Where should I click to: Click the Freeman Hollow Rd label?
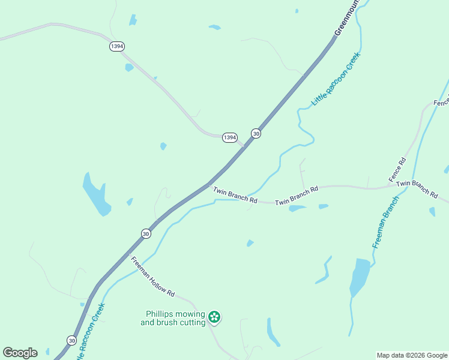152,277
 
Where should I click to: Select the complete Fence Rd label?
397,170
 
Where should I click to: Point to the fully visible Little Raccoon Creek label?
336,80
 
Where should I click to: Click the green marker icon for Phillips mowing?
214,317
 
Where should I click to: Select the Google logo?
20,353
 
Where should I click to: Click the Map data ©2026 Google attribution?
412,355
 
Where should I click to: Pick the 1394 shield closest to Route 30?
229,137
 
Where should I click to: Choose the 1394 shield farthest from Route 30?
117,46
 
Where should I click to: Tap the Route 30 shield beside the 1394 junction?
256,134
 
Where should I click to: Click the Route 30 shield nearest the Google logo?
71,340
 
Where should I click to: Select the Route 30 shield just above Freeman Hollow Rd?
146,233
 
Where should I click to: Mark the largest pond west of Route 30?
97,194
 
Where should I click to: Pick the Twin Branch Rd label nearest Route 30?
235,195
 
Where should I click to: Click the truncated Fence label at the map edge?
441,102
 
